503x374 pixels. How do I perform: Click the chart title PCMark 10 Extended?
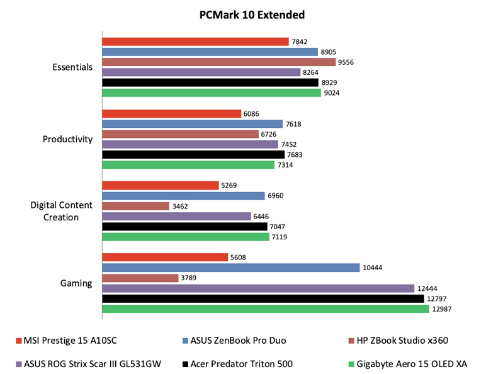[x=251, y=14]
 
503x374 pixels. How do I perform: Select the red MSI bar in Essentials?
[x=195, y=42]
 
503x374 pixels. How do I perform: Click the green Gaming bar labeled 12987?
[x=265, y=309]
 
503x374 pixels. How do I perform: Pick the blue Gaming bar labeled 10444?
[x=230, y=268]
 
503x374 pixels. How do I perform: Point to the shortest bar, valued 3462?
[x=136, y=206]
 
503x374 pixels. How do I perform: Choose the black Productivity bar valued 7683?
[x=184, y=154]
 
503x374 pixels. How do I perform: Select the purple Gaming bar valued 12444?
[x=258, y=288]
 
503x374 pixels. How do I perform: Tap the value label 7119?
[x=279, y=237]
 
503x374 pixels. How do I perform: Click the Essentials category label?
[x=73, y=67]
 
